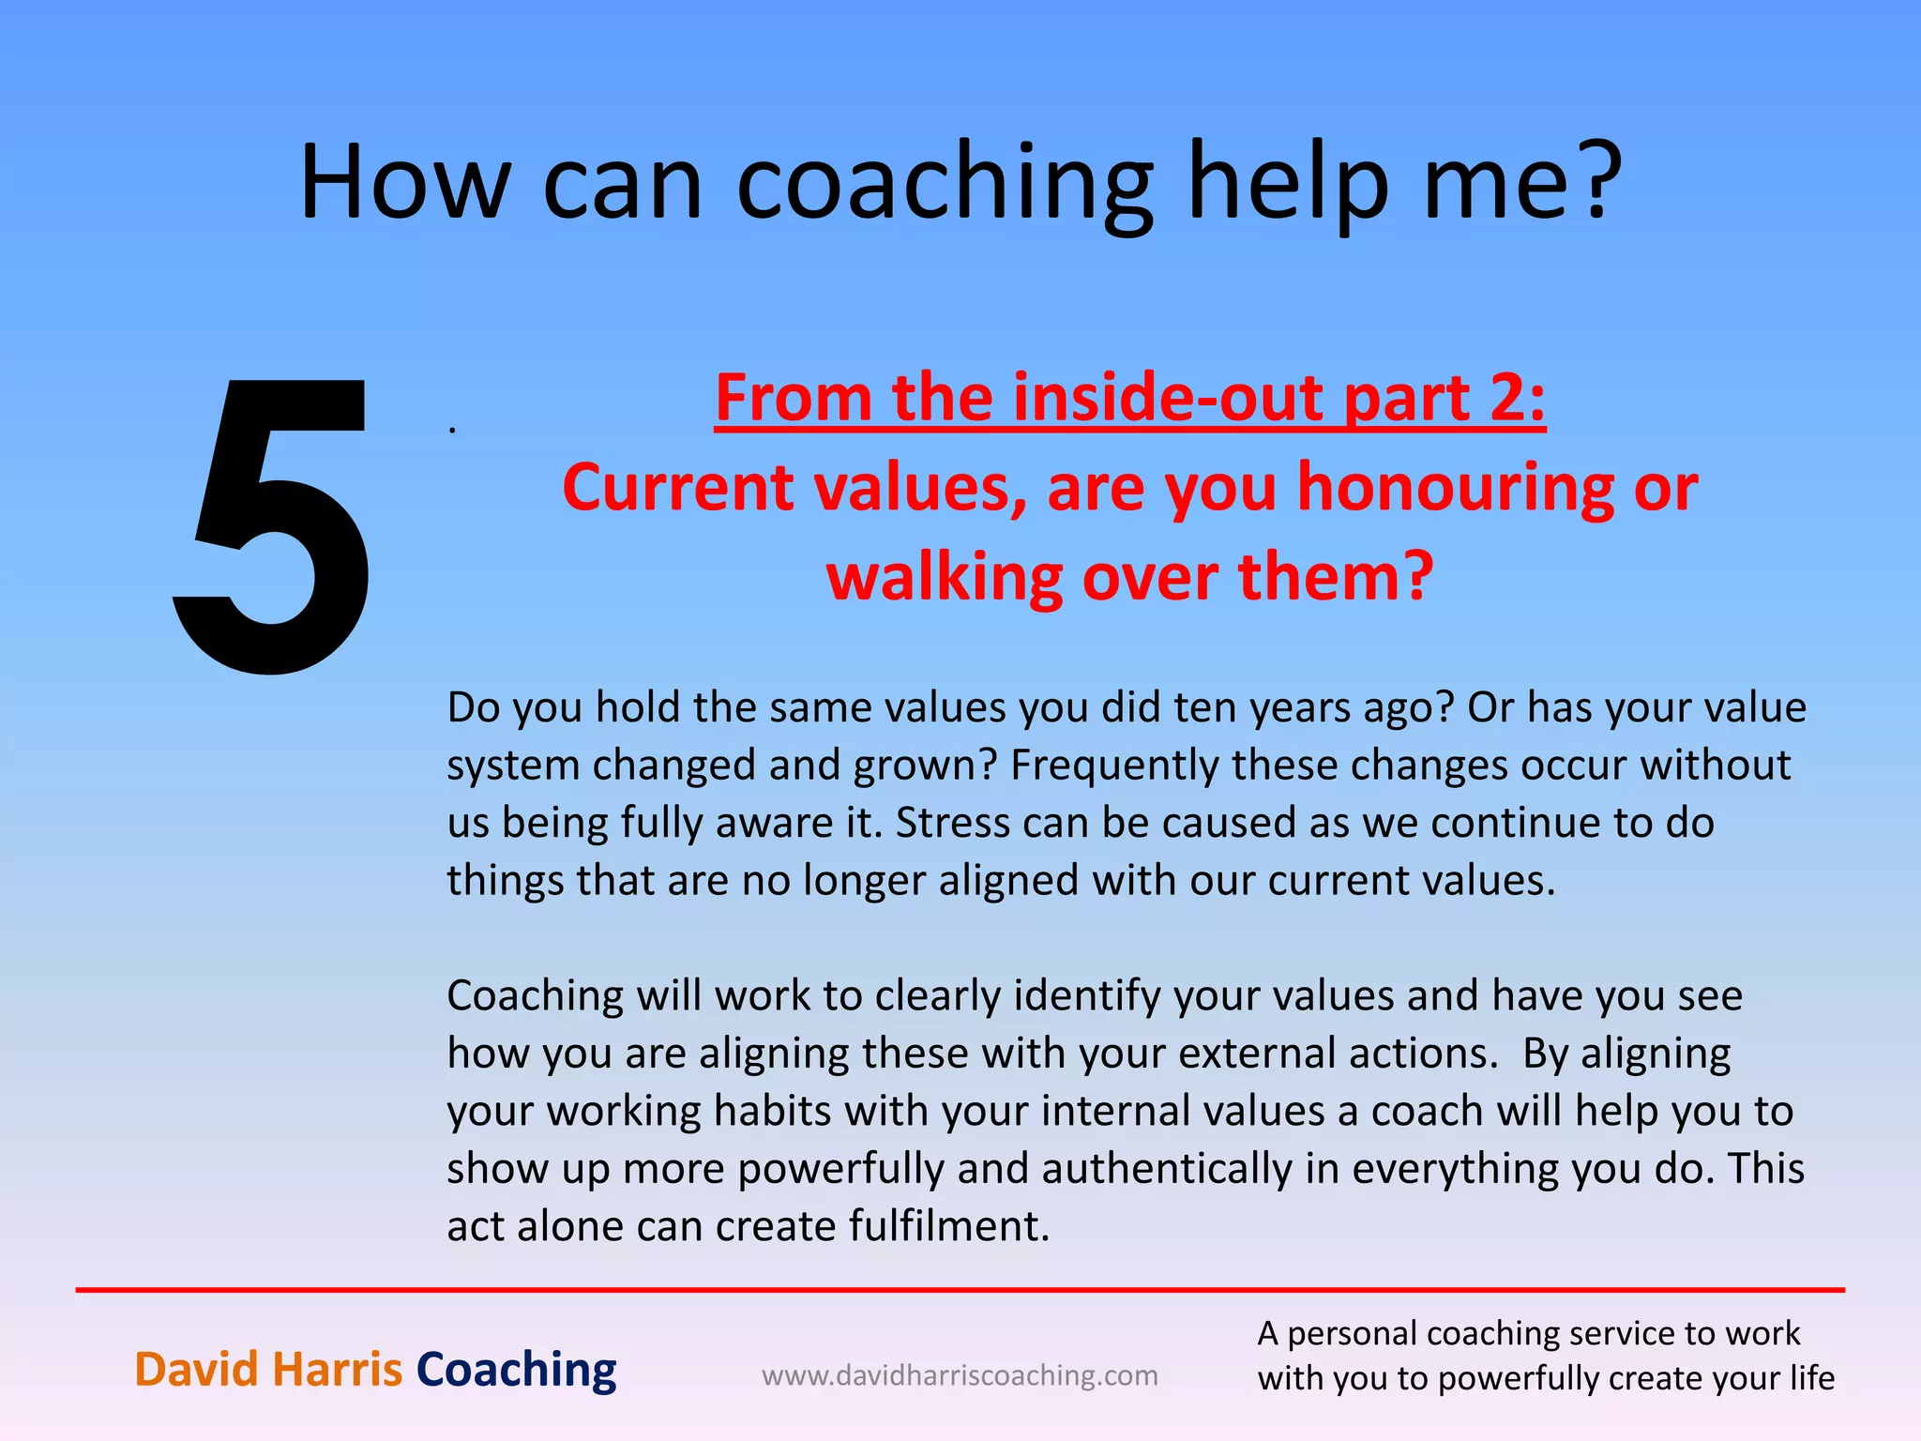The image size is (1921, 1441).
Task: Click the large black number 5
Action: pyautogui.click(x=272, y=525)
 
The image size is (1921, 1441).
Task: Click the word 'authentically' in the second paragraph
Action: pyautogui.click(x=1167, y=1169)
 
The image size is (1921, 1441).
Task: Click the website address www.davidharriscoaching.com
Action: pyautogui.click(x=960, y=1375)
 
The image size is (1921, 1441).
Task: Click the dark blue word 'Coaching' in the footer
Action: pyautogui.click(x=516, y=1370)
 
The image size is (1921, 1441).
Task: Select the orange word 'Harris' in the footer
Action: pyautogui.click(x=337, y=1370)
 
